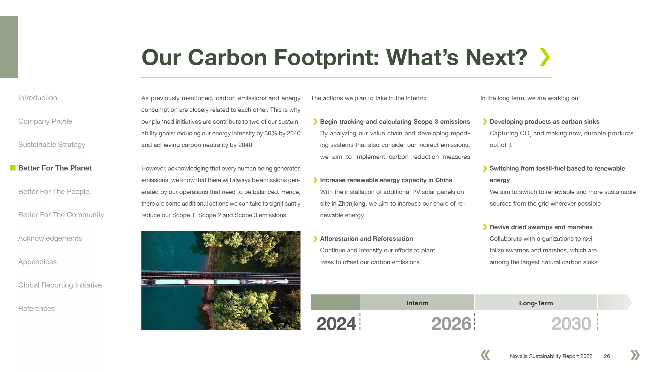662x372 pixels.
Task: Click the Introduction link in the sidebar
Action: coord(37,98)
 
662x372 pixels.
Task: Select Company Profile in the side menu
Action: coord(45,121)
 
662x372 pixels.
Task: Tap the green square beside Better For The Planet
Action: coord(13,168)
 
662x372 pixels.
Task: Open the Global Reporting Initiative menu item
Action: coord(60,285)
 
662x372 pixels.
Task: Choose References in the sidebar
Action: coord(36,309)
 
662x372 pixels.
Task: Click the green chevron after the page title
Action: coord(545,57)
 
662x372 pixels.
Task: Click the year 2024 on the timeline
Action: coord(336,324)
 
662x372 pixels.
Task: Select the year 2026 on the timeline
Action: coord(451,324)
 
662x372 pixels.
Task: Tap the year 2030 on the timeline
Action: coord(571,324)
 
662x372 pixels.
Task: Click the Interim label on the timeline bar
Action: coord(417,303)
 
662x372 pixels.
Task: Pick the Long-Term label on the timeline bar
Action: coord(536,303)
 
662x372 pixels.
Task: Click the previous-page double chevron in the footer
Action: coord(485,355)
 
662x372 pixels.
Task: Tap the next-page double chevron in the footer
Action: coord(635,355)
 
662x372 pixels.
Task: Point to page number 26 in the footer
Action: coord(607,356)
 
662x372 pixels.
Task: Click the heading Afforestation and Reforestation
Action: coord(366,239)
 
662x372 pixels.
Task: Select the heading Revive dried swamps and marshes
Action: coord(541,227)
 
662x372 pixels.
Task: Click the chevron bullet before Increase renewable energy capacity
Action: coord(315,180)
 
